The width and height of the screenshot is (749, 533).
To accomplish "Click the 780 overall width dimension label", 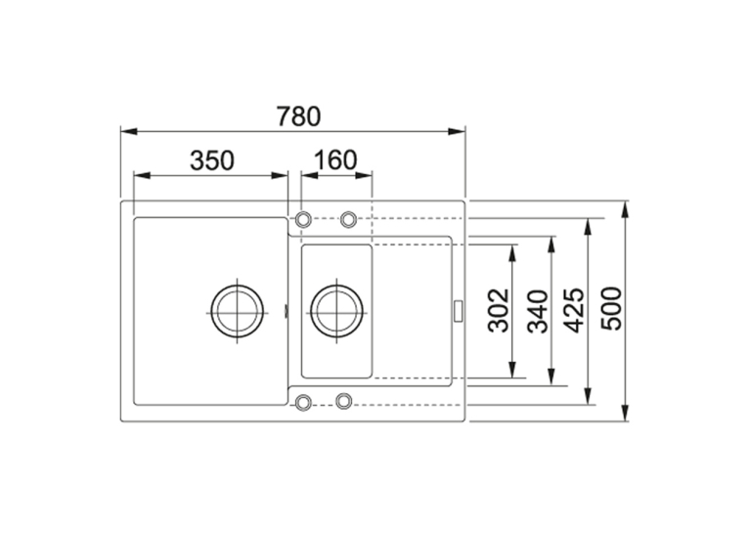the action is click(298, 116).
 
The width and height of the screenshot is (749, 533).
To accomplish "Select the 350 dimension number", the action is click(212, 160).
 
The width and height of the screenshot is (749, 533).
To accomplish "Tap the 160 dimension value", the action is click(335, 160).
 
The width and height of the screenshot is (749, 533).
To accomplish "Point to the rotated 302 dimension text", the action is click(499, 310).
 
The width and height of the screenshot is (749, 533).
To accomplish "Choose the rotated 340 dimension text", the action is click(538, 311).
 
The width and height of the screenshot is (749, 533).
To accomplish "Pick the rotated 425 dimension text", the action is click(573, 310).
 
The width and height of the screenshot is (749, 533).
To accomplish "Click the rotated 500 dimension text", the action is click(611, 308).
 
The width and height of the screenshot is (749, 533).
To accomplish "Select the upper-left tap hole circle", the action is click(303, 220).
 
